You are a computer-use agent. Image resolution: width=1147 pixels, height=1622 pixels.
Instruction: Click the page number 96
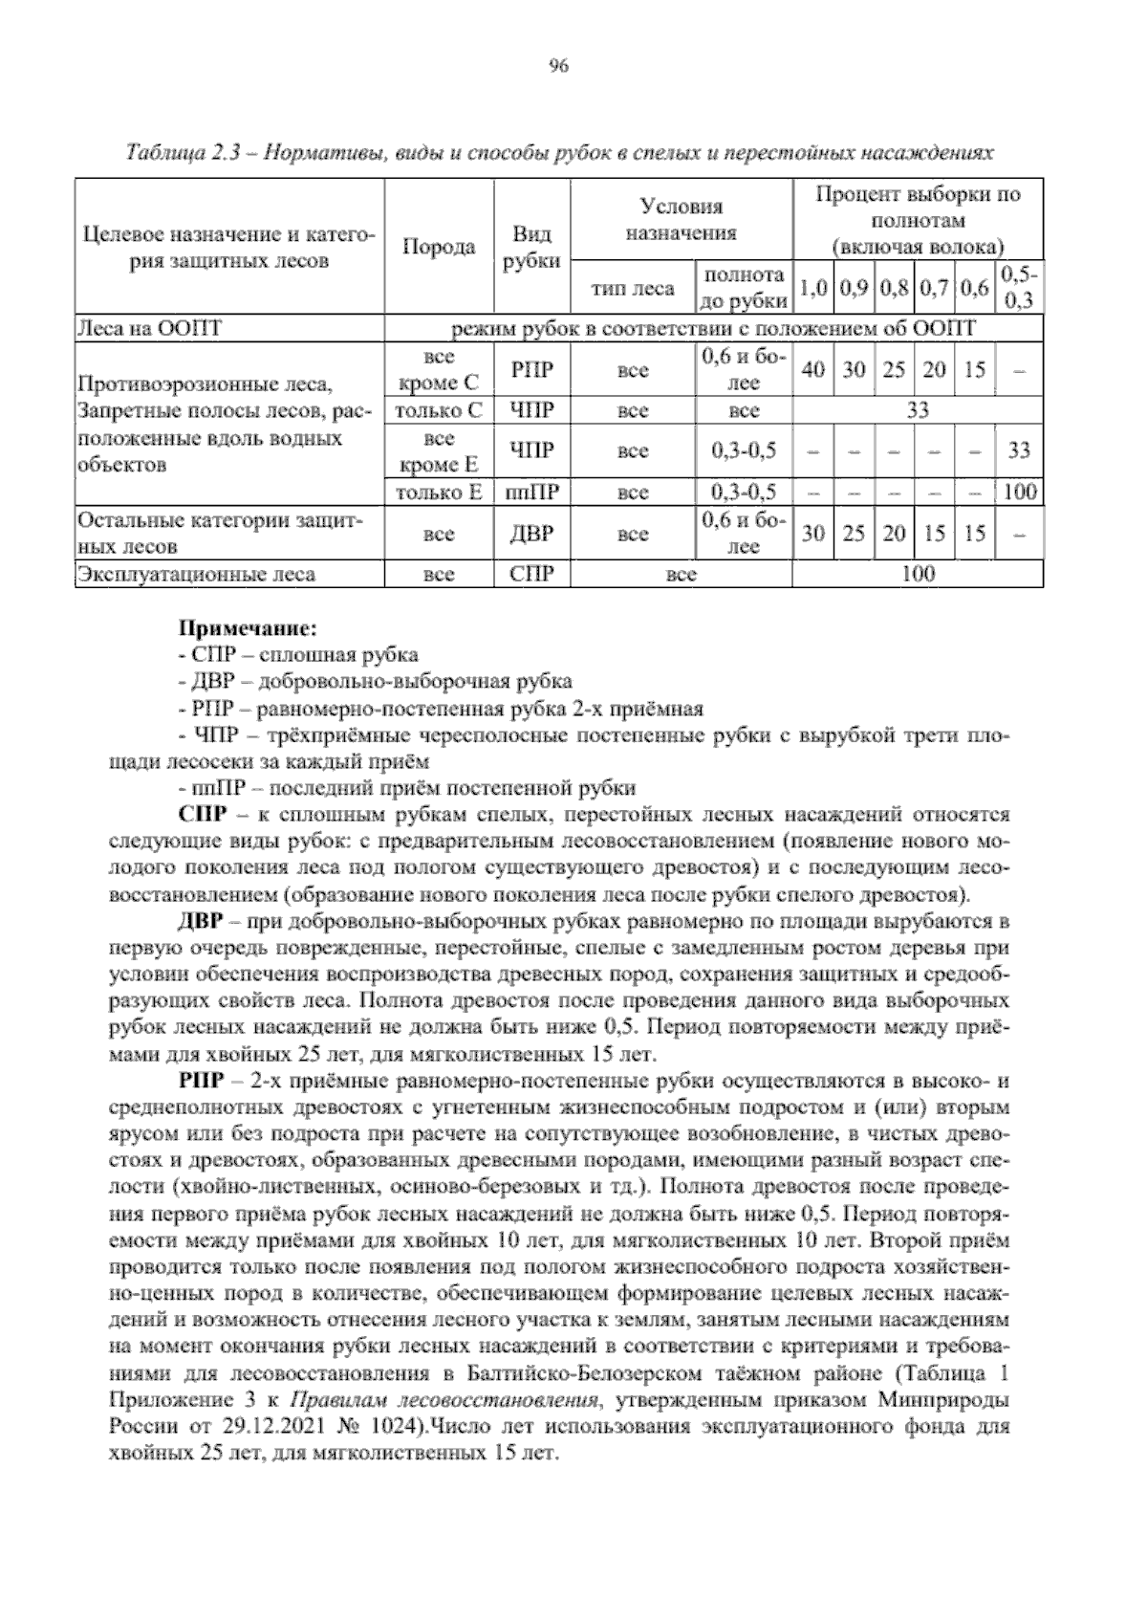coord(559,66)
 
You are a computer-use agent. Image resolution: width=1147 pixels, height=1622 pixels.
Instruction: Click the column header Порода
coord(438,247)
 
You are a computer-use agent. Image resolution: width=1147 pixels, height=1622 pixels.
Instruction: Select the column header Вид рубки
coord(531,247)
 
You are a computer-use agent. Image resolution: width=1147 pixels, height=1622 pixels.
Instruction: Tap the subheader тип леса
coord(633,288)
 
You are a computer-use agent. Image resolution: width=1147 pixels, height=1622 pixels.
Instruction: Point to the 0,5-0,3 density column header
coord(1019,288)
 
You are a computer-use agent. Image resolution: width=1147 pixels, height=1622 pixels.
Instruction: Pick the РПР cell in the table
coord(531,370)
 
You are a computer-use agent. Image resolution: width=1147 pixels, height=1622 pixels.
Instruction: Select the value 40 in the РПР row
coord(812,370)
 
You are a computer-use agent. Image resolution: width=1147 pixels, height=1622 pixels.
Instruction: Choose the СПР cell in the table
coord(531,575)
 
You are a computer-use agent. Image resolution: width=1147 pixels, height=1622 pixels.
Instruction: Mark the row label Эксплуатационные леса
coord(196,575)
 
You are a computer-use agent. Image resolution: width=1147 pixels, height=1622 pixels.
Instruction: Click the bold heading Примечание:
coord(247,629)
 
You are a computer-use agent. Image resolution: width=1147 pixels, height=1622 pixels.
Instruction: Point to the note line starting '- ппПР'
coord(406,789)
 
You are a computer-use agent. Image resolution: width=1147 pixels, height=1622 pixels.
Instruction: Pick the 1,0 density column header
coord(812,288)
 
